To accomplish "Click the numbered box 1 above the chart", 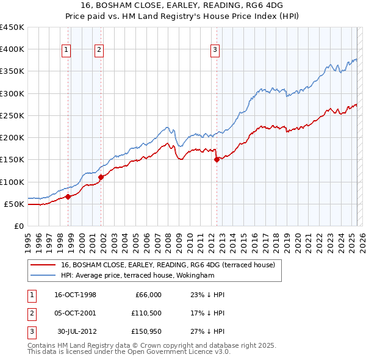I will coord(65,51).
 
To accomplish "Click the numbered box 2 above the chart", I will coord(98,51).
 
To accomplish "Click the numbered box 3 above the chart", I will coord(215,51).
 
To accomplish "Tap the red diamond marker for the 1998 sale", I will coord(68,196).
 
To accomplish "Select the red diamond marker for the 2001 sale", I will coord(101,177).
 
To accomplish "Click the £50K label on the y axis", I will coord(14,204).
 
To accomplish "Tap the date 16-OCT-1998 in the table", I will coord(75,295).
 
